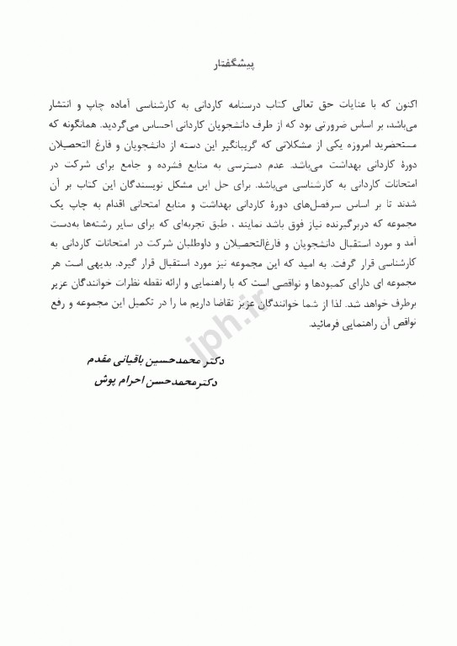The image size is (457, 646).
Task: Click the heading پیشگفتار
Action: [x=229, y=64]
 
